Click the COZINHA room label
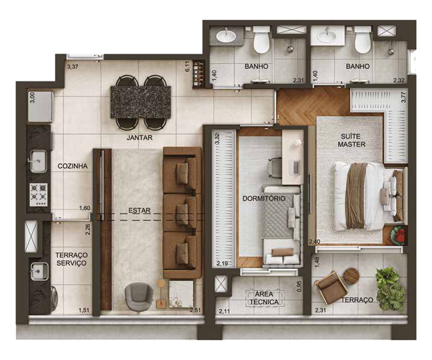pyautogui.click(x=72, y=166)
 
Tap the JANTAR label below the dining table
pyautogui.click(x=139, y=138)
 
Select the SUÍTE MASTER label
pyautogui.click(x=351, y=140)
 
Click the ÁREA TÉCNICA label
pyautogui.click(x=264, y=298)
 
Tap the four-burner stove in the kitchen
pyautogui.click(x=39, y=195)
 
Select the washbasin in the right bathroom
pyautogui.click(x=327, y=37)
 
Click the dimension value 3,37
pyautogui.click(x=73, y=67)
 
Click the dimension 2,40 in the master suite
pyautogui.click(x=315, y=241)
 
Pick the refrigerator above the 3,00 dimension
pyautogui.click(x=41, y=107)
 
